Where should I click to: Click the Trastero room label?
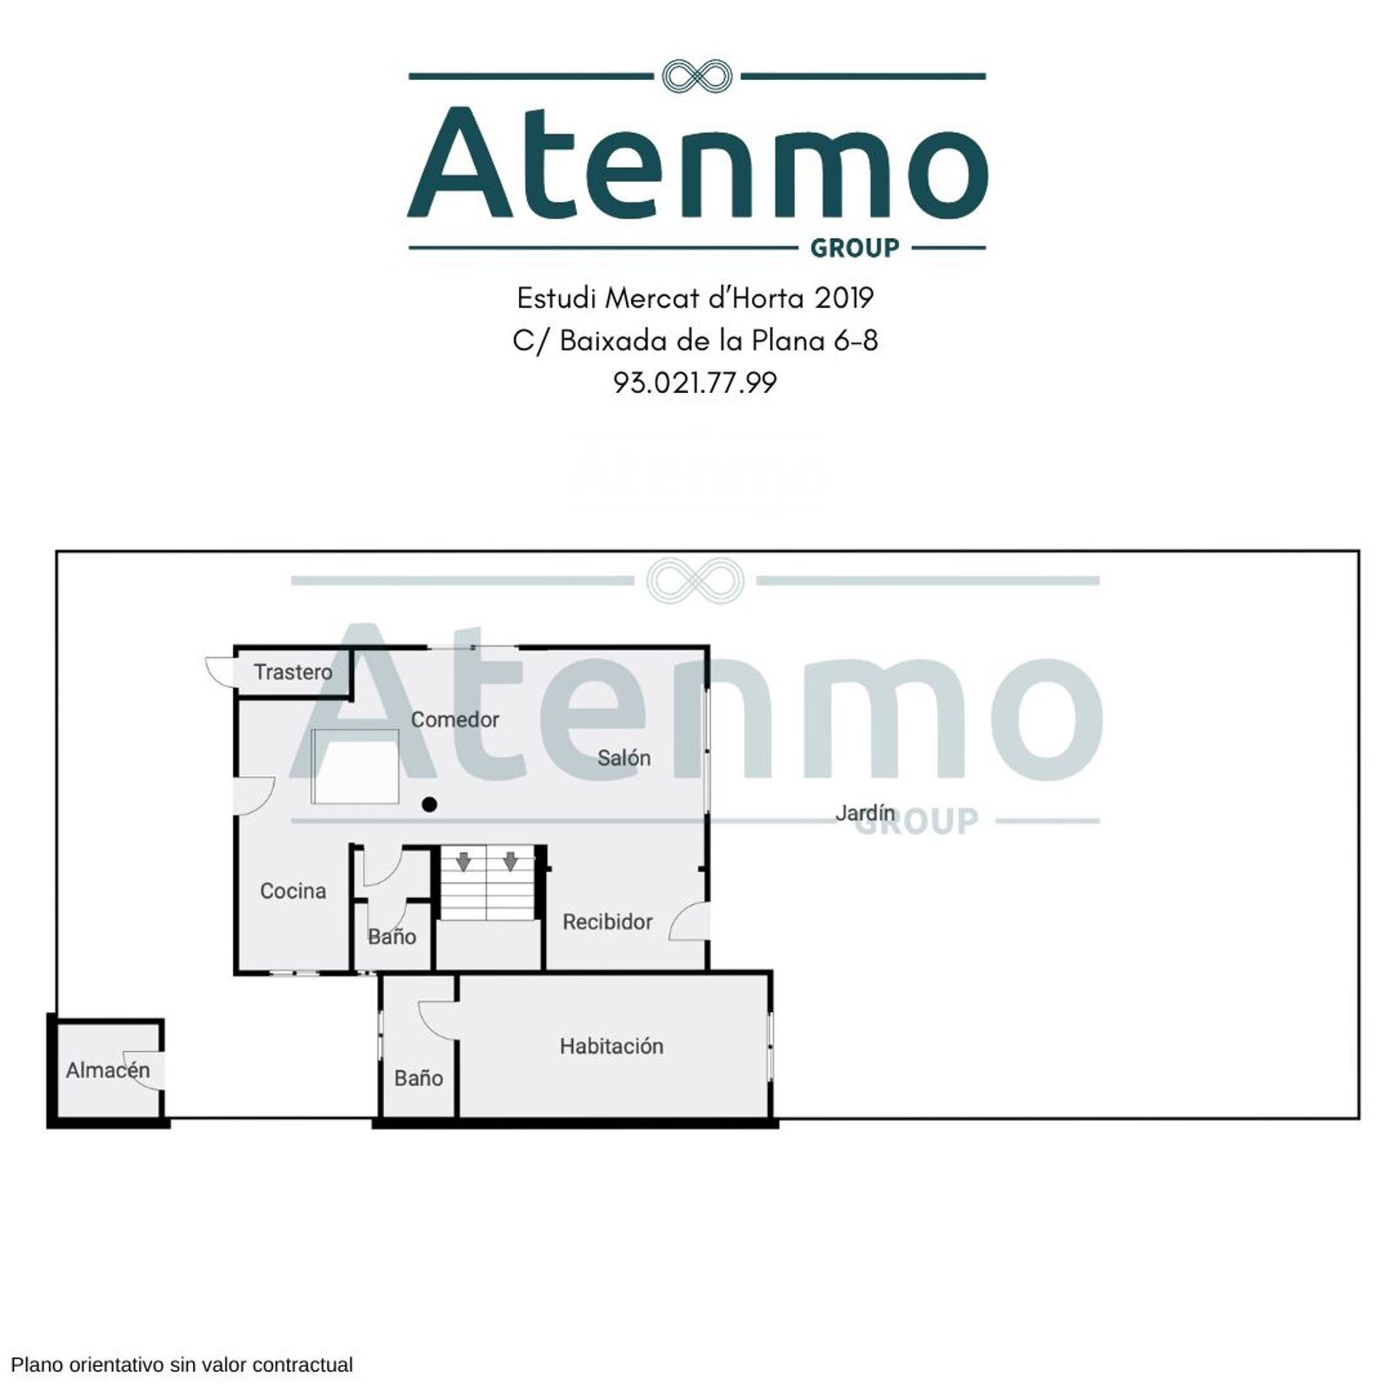click(293, 672)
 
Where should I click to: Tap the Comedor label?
click(455, 720)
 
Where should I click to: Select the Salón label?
click(624, 758)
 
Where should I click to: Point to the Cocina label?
click(293, 891)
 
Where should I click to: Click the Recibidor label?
click(608, 922)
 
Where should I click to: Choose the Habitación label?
click(611, 1046)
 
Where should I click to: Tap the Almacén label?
click(108, 1069)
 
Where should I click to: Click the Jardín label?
click(865, 813)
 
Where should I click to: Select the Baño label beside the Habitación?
click(418, 1078)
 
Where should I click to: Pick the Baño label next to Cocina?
click(391, 936)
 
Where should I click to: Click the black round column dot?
click(429, 805)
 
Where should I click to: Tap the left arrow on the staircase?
click(463, 862)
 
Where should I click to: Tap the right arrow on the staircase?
click(510, 862)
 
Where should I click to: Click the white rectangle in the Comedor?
click(356, 766)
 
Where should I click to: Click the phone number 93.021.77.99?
click(695, 383)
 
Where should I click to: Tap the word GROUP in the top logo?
click(855, 249)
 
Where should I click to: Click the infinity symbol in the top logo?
click(696, 77)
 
